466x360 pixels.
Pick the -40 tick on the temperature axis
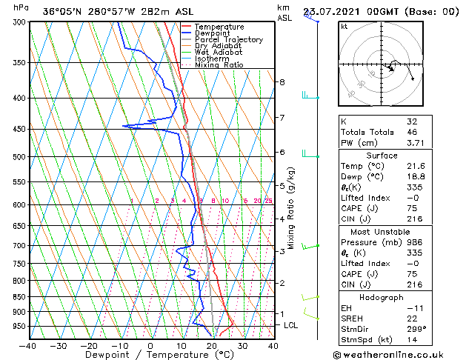pyautogui.click(x=27, y=346)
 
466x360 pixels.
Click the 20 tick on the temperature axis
pyautogui.click(x=211, y=346)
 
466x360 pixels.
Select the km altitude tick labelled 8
pyautogui.click(x=282, y=81)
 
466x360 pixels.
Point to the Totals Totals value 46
pyautogui.click(x=413, y=132)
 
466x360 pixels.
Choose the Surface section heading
pyautogui.click(x=382, y=156)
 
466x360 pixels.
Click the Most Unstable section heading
pyautogui.click(x=382, y=230)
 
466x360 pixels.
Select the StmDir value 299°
pyautogui.click(x=416, y=329)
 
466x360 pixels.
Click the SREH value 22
pyautogui.click(x=413, y=319)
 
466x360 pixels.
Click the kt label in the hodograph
pyautogui.click(x=344, y=27)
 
